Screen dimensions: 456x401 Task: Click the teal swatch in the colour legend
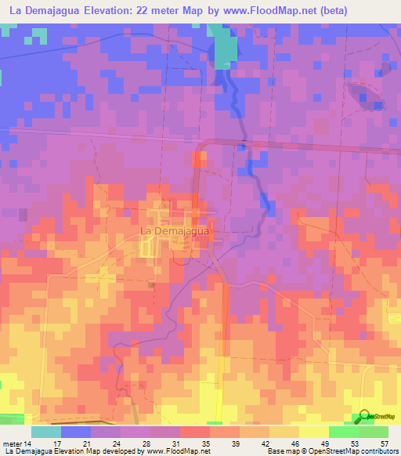46,432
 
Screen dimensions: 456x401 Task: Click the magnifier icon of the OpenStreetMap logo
361,417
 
